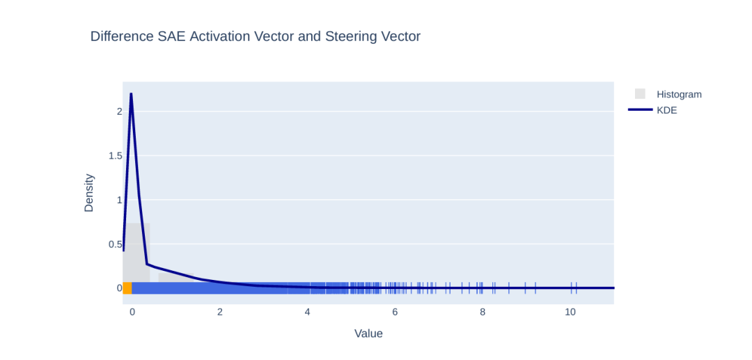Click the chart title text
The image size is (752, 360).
coord(255,36)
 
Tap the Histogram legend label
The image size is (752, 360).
coord(679,95)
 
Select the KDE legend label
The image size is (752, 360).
coord(666,110)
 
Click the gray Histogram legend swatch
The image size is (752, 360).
coord(640,94)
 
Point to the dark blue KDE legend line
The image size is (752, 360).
coord(641,110)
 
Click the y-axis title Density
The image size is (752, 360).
coord(88,193)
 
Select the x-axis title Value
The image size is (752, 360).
coord(368,334)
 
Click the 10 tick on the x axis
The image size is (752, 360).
coord(570,312)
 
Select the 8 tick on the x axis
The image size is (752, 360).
coord(483,312)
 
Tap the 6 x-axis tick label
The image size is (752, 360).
coord(395,312)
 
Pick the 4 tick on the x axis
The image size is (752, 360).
coord(307,312)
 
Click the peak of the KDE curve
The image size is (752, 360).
coord(131,94)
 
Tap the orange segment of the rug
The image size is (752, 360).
coord(127,288)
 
